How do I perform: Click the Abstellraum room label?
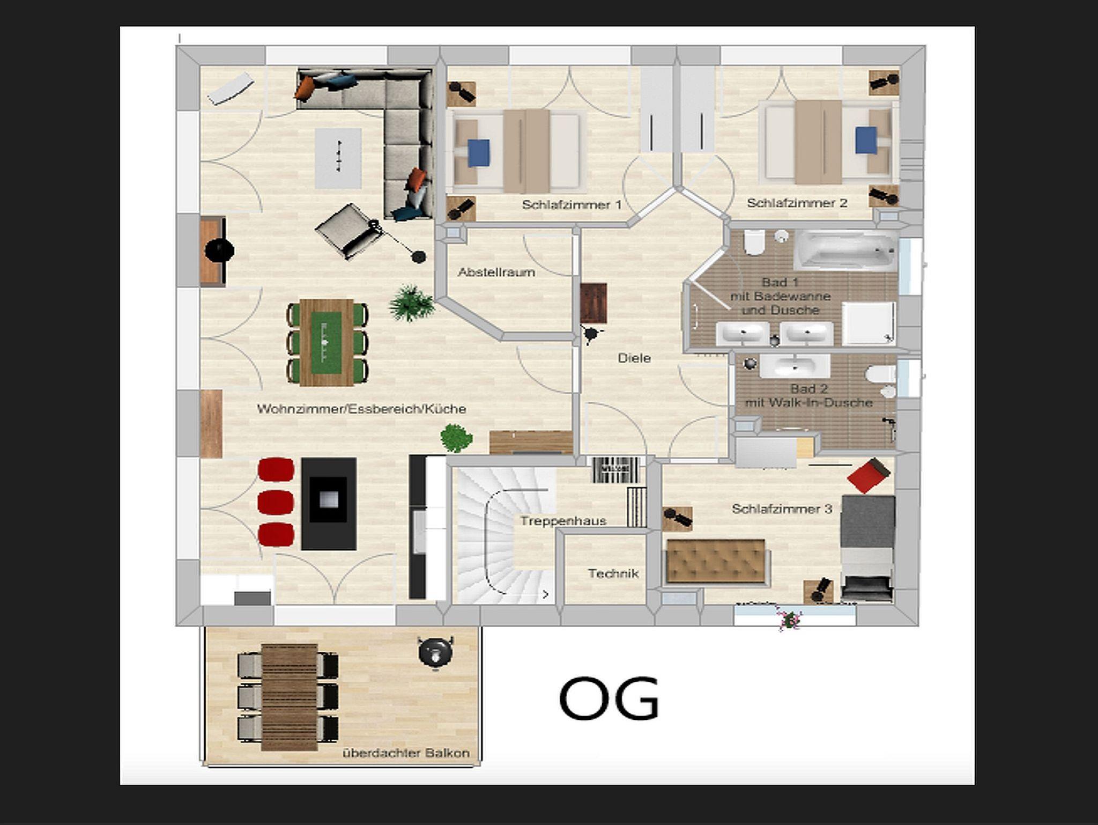496,272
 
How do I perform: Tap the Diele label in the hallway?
634,358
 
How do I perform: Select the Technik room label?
613,573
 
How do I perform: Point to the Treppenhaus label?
563,521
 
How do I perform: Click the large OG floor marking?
609,698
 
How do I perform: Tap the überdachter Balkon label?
406,753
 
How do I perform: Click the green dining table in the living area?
327,342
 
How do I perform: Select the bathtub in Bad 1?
845,251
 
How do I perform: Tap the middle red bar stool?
276,503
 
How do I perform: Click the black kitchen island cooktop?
329,504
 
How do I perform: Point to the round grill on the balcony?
436,652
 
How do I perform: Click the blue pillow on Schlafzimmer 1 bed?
479,153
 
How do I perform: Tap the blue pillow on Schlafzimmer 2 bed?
866,141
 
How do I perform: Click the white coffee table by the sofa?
338,158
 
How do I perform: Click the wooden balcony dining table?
290,697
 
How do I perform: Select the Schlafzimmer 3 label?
782,509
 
